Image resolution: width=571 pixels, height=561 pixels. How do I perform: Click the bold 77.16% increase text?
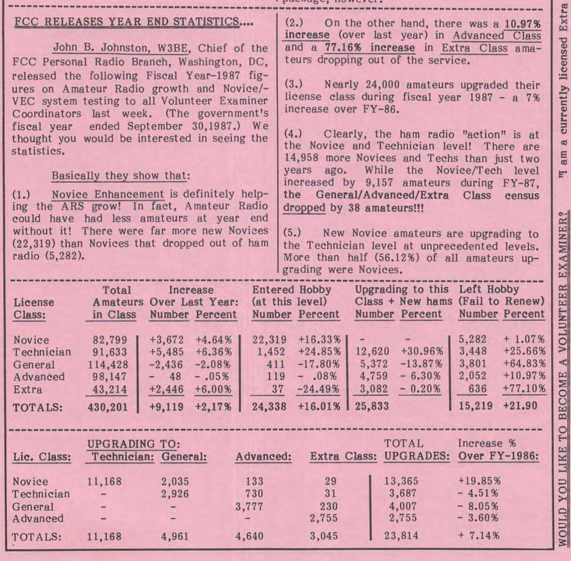coord(370,48)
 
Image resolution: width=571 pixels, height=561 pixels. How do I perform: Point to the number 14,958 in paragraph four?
coord(301,158)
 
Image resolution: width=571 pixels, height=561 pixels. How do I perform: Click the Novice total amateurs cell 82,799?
coord(110,340)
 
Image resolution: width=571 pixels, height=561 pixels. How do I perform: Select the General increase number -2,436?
coord(167,365)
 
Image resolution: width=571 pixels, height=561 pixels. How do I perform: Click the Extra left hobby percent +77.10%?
coord(524,389)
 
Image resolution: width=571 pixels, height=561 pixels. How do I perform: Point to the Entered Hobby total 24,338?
coord(269,407)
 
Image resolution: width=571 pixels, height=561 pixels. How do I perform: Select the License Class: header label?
coord(33,308)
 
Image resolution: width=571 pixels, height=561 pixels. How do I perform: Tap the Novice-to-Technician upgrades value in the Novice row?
coord(104,481)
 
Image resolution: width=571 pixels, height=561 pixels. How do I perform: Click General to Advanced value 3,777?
coord(249,506)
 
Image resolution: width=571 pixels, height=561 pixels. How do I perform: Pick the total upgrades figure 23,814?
coord(401,536)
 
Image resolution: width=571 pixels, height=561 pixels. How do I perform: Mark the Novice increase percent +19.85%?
coord(479,481)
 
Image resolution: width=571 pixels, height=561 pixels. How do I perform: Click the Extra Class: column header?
coord(343,456)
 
